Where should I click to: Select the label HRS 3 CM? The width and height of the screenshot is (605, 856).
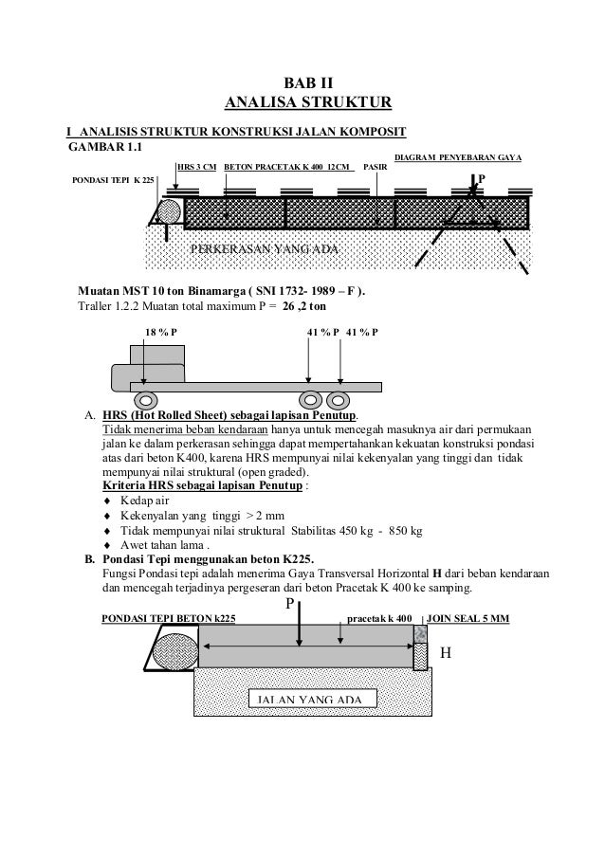(x=196, y=168)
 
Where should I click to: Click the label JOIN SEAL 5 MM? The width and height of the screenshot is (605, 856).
(x=468, y=619)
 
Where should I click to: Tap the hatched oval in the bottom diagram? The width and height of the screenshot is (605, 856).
(x=173, y=654)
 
